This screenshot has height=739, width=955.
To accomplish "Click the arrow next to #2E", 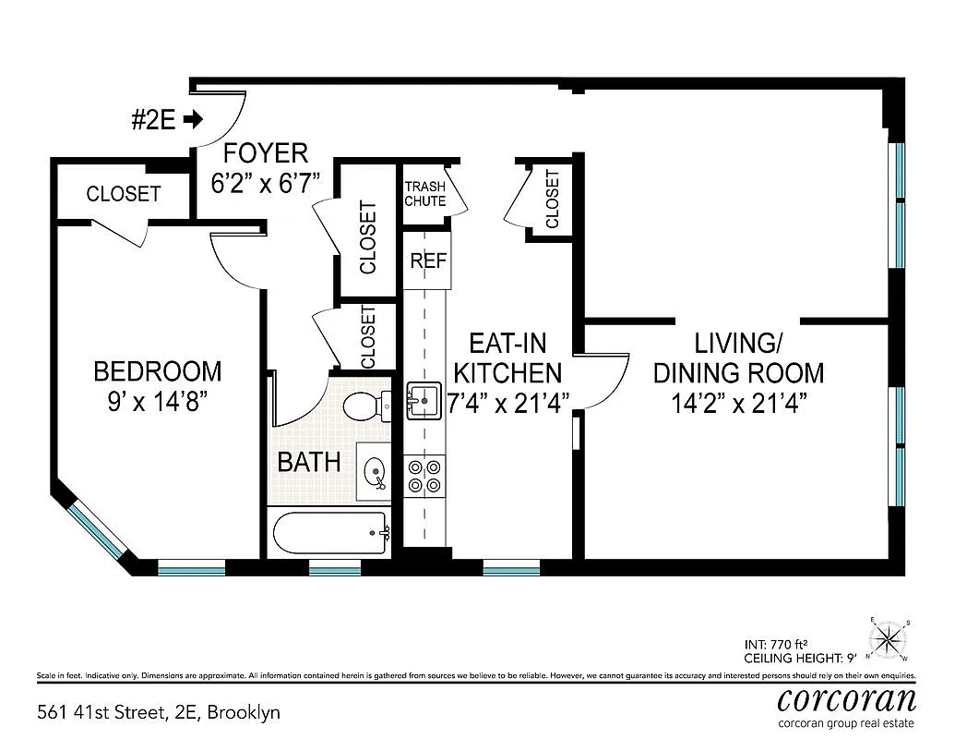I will point(193,119).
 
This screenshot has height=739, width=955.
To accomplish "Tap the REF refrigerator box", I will point(428,260).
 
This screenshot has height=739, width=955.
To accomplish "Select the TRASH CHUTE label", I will point(424,193).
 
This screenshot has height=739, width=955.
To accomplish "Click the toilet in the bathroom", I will point(364,406).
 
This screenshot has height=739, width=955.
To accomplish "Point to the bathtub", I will point(330,533).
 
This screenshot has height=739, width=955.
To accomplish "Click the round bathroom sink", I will point(376,473).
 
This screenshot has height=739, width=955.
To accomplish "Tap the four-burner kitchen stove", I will point(424,475).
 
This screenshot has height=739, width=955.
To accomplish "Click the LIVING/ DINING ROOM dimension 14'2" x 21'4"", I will point(737,404).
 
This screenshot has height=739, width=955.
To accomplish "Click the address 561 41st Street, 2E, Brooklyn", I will point(158,712).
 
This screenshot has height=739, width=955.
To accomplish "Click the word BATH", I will point(309,462).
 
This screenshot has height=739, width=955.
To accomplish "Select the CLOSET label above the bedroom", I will point(123,194).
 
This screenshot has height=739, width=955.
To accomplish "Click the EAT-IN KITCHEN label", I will point(507,358).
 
